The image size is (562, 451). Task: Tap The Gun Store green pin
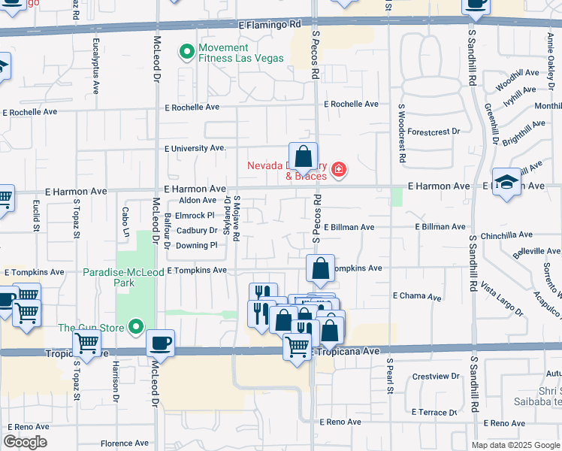pos(136,327)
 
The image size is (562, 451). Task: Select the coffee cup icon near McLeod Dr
pos(161,344)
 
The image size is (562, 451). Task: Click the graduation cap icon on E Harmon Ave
pos(507,183)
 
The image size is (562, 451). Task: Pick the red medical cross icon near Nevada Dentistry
pos(339,170)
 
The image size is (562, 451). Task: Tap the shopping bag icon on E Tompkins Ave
pos(320,269)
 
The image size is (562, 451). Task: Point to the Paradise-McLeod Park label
pos(108,277)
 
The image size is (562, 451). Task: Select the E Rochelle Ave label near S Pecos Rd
pos(351,104)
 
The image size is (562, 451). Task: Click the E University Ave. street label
pos(195,149)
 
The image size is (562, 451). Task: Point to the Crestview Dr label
pos(436,376)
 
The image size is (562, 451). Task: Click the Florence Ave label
pos(126,443)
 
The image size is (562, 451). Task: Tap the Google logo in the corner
pos(25,442)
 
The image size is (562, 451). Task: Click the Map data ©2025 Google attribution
pos(515,445)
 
